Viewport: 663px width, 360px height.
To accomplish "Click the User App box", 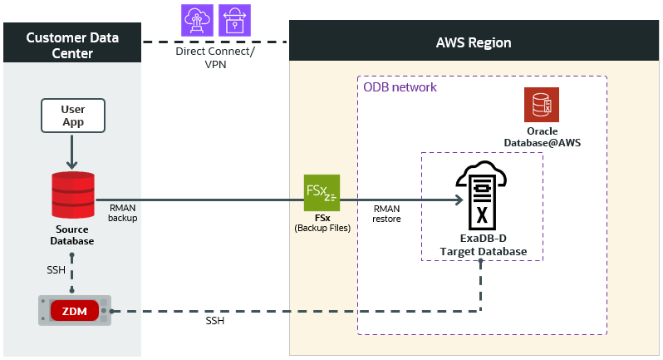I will (x=72, y=116).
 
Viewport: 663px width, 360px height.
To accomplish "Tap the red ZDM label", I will (x=73, y=312).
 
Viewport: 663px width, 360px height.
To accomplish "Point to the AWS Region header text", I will (x=474, y=42).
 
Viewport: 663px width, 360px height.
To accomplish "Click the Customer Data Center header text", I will (x=72, y=46).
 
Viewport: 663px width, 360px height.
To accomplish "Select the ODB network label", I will (x=400, y=87).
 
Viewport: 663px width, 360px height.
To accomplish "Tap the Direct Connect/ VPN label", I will (x=215, y=57).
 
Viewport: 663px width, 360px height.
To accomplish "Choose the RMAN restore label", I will (x=386, y=214).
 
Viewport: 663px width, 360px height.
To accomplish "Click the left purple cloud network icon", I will (x=198, y=19).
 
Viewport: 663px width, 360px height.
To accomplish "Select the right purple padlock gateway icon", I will (x=234, y=19).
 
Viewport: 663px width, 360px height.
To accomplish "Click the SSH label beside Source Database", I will (x=56, y=271).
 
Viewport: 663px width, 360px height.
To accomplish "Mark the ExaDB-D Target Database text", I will (x=483, y=245).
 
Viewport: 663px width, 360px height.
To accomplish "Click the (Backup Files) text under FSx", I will (x=322, y=228).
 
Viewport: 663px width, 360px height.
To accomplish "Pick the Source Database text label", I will (x=71, y=235).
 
